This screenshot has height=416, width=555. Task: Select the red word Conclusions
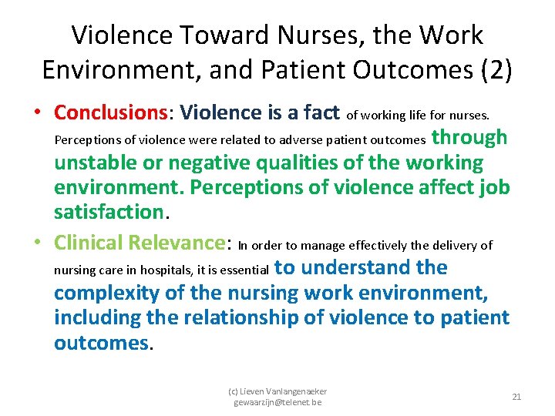point(111,112)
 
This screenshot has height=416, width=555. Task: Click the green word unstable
point(96,163)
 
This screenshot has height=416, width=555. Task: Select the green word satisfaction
point(101,212)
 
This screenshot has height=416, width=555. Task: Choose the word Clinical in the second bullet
point(87,243)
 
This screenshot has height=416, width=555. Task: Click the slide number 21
point(516,397)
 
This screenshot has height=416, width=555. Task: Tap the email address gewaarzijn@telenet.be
point(277,402)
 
